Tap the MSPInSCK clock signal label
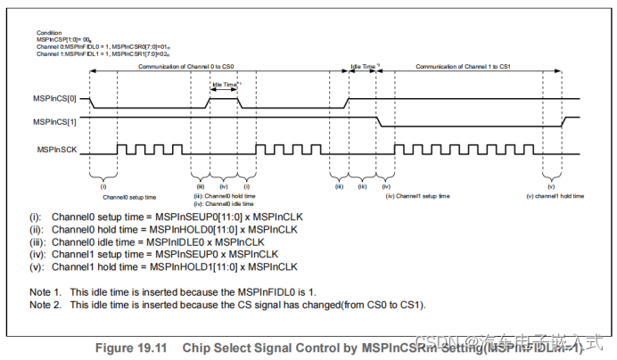(61, 154)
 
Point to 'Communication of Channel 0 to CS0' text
(186, 67)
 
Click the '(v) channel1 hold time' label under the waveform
(555, 196)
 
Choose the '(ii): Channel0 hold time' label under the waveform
(226, 196)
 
